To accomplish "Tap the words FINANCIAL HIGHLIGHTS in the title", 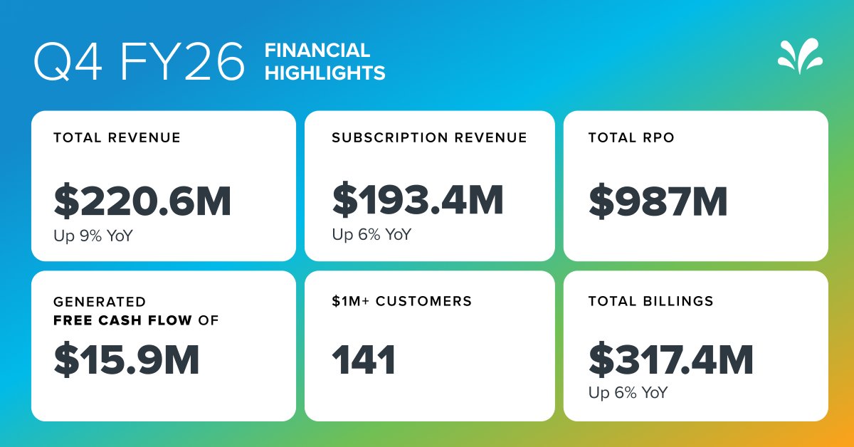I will [325, 61].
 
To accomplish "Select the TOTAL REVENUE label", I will [117, 137].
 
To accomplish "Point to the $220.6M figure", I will [142, 201].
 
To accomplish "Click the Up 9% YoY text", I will [93, 235].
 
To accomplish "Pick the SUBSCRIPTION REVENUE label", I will [429, 137].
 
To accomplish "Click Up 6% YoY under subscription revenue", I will [371, 234].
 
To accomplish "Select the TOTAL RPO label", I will [631, 137].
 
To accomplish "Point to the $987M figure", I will [658, 201].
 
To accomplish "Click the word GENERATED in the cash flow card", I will [100, 302].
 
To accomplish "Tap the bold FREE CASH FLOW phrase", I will [122, 320].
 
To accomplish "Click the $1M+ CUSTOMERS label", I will [401, 301].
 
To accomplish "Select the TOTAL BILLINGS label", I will [650, 301].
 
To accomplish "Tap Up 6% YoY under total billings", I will [628, 392].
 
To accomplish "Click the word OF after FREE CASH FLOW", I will [208, 320].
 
